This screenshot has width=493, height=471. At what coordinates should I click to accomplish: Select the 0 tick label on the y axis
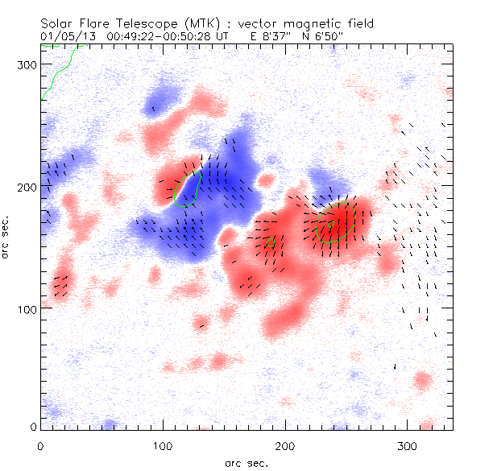[32, 427]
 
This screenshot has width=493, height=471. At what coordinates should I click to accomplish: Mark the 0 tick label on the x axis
[40, 445]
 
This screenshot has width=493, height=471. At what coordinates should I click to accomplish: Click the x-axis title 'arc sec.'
[246, 462]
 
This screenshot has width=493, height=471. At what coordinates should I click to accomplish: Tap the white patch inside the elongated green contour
[188, 188]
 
